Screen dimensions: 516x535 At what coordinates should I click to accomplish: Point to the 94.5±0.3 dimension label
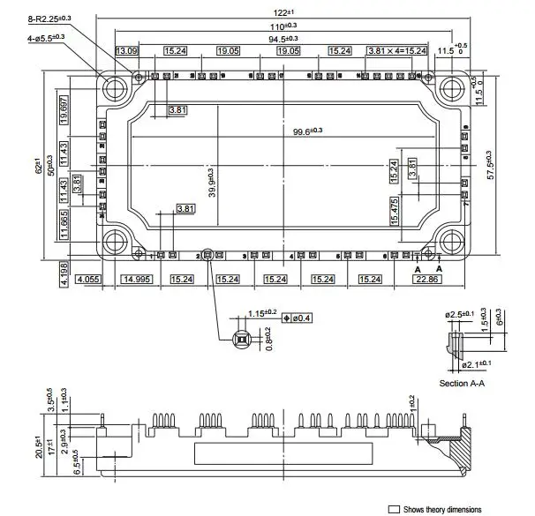[283, 38]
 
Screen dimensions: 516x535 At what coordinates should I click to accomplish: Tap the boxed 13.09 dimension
[126, 51]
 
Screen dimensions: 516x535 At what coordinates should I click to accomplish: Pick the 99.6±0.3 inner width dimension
[308, 131]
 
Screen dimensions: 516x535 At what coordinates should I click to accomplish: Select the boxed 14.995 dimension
[137, 279]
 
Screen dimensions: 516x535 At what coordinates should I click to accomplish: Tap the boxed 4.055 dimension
[88, 279]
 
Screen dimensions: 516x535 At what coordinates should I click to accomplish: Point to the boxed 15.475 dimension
[395, 211]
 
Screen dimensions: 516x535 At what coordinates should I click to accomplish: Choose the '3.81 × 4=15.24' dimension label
[396, 51]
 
